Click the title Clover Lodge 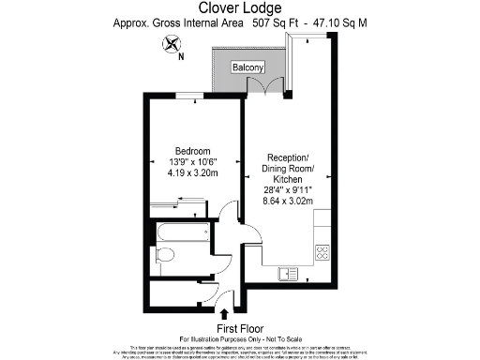coord(239,8)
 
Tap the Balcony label coord(247,67)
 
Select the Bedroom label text coord(193,150)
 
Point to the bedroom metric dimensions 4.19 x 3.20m coord(193,172)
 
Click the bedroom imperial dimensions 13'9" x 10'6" coord(193,161)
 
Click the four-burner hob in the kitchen coord(322,251)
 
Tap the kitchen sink coord(285,273)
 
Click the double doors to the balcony coord(272,88)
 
